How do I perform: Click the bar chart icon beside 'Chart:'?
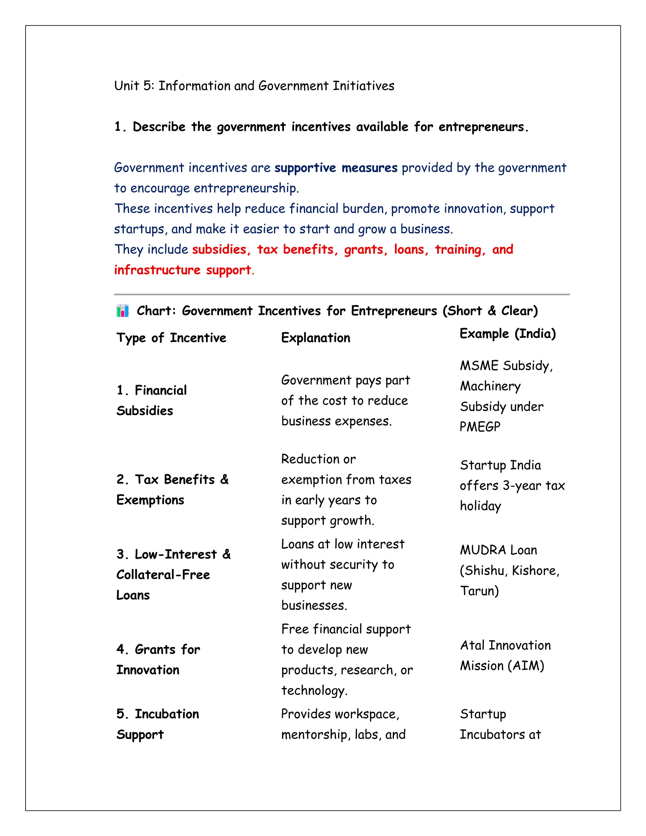pos(122,310)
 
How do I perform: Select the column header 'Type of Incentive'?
pos(171,338)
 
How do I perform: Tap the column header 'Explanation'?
pos(315,338)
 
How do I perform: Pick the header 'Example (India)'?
pos(508,334)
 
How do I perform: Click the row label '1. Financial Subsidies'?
pos(151,400)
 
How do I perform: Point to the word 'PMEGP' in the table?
pos(479,427)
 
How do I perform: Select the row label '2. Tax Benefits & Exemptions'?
pos(172,490)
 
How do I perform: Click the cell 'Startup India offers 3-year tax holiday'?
pos(512,486)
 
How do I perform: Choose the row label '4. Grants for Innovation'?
pos(158,660)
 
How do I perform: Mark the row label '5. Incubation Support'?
pos(158,724)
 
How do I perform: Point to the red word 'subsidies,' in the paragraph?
pos(221,250)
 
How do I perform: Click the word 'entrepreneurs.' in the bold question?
pos(483,127)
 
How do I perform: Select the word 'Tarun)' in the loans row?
pos(479,591)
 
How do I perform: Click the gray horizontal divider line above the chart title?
pos(341,294)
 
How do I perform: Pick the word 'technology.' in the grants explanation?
pos(314,691)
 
